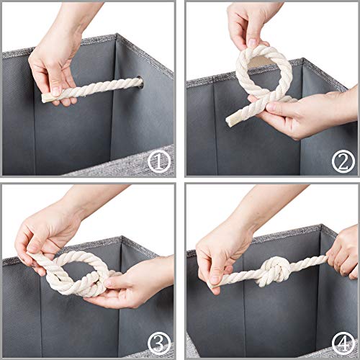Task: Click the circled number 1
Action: click(159, 161)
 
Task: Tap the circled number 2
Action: click(343, 161)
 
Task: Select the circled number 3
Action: click(159, 343)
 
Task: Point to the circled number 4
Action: click(343, 343)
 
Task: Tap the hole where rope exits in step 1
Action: click(140, 83)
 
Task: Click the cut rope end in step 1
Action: click(44, 99)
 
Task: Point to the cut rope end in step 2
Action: click(229, 122)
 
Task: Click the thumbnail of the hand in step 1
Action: click(56, 91)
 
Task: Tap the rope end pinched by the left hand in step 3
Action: click(30, 255)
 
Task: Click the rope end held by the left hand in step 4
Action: click(211, 286)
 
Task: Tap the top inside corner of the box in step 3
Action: click(122, 237)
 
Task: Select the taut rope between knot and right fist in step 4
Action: click(309, 262)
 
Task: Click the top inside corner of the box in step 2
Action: click(303, 59)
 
